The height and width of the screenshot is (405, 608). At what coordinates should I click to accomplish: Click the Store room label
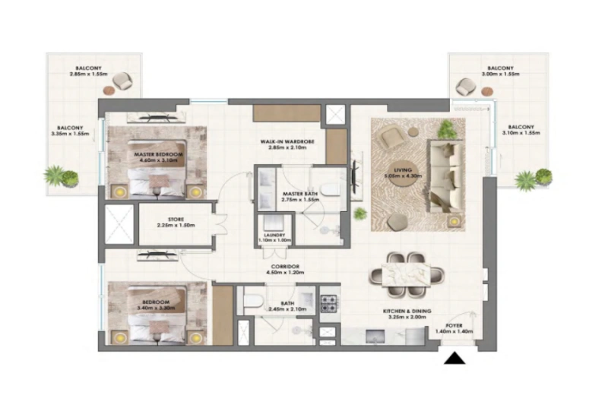[x=171, y=223]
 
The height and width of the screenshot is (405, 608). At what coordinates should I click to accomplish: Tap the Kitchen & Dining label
[x=404, y=314]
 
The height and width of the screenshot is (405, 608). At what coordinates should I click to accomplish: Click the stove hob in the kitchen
[x=330, y=304]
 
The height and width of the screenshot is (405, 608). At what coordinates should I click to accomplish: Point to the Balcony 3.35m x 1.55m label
[x=73, y=130]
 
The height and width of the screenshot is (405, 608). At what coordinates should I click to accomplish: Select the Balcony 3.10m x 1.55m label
[x=521, y=130]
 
